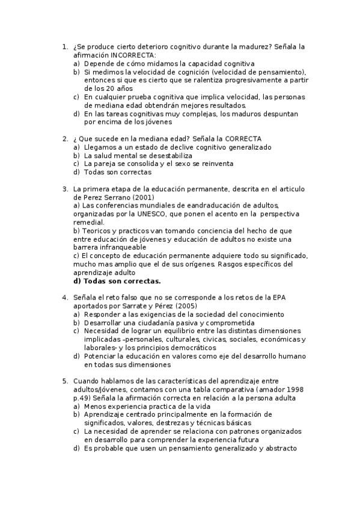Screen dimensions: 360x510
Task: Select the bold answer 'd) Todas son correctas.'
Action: click(117, 281)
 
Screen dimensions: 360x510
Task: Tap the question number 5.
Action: click(65, 381)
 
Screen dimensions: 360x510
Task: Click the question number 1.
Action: click(65, 46)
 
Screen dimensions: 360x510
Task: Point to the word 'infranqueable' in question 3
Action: click(122, 247)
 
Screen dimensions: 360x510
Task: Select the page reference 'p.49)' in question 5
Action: click(83, 398)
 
